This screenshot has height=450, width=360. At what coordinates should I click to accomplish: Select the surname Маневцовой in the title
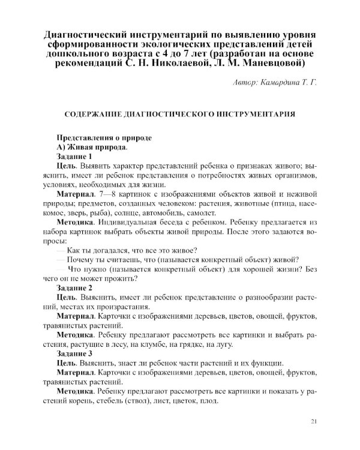[268, 62]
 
